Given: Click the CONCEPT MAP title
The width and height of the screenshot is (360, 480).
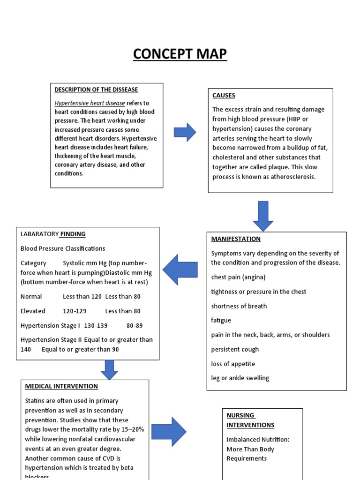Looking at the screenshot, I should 180,54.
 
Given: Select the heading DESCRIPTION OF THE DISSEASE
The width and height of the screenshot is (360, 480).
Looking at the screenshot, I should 96,90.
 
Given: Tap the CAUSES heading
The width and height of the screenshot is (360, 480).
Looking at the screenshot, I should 224,95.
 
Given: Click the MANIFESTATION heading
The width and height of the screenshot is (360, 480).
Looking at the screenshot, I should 236,239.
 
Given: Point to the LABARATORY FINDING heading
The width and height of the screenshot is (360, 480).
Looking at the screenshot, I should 53,234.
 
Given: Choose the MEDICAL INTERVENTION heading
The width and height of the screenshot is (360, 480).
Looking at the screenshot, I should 61,386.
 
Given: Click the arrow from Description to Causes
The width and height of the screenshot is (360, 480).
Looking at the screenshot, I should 185,132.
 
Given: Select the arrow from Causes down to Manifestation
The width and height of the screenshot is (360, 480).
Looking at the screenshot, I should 263,215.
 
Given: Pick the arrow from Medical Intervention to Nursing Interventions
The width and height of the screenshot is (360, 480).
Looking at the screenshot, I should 169,432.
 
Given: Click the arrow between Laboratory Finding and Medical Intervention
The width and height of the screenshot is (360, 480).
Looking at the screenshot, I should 109,369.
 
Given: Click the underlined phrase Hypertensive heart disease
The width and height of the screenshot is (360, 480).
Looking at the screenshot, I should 90,103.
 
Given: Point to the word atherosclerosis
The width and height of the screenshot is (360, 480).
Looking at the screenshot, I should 293,177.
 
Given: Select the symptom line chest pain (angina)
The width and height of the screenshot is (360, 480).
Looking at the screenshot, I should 238,277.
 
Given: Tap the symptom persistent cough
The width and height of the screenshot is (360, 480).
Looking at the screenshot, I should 235,349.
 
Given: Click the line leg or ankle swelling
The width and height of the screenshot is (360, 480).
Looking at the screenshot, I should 240,378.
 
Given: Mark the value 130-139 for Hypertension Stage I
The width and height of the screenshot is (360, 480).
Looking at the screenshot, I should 96,325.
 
